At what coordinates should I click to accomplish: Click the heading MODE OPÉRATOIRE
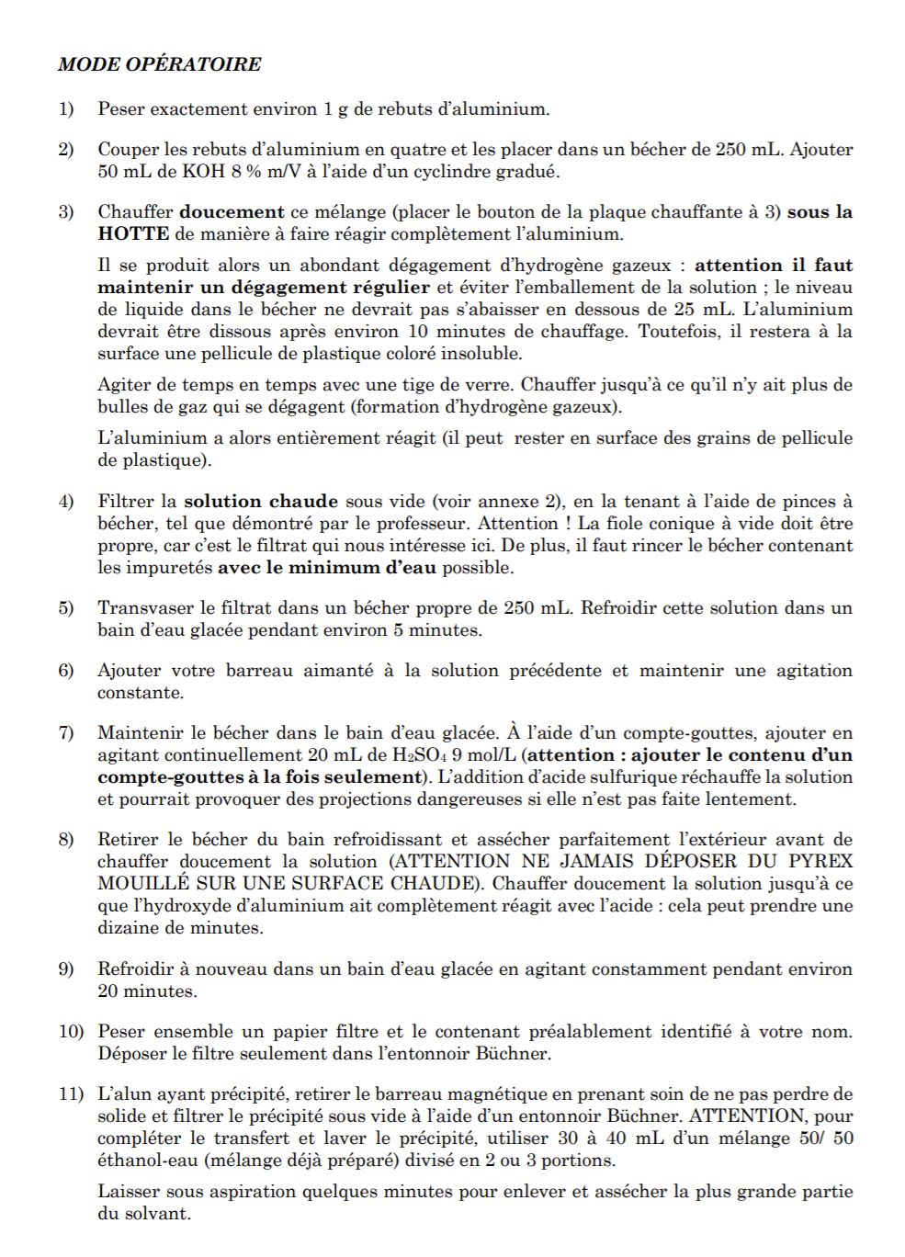(x=160, y=64)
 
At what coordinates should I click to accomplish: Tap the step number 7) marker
(x=66, y=733)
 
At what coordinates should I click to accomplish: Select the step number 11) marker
(x=71, y=1094)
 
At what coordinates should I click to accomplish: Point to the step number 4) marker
(x=66, y=502)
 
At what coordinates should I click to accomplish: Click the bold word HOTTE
(x=133, y=234)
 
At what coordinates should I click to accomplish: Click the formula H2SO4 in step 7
(x=415, y=755)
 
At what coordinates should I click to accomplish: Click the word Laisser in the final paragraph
(x=129, y=1192)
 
